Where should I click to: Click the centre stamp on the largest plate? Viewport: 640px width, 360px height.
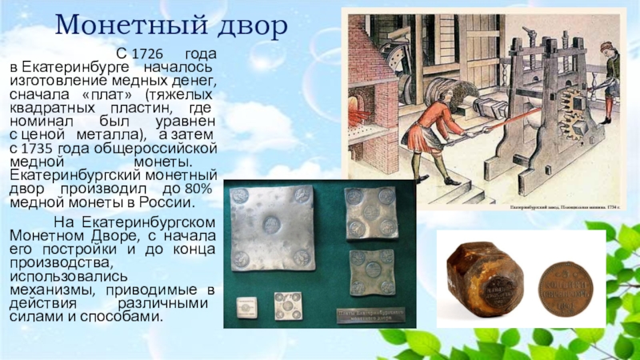pos(270,224)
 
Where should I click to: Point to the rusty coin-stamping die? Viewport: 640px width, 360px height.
pos(485,279)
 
